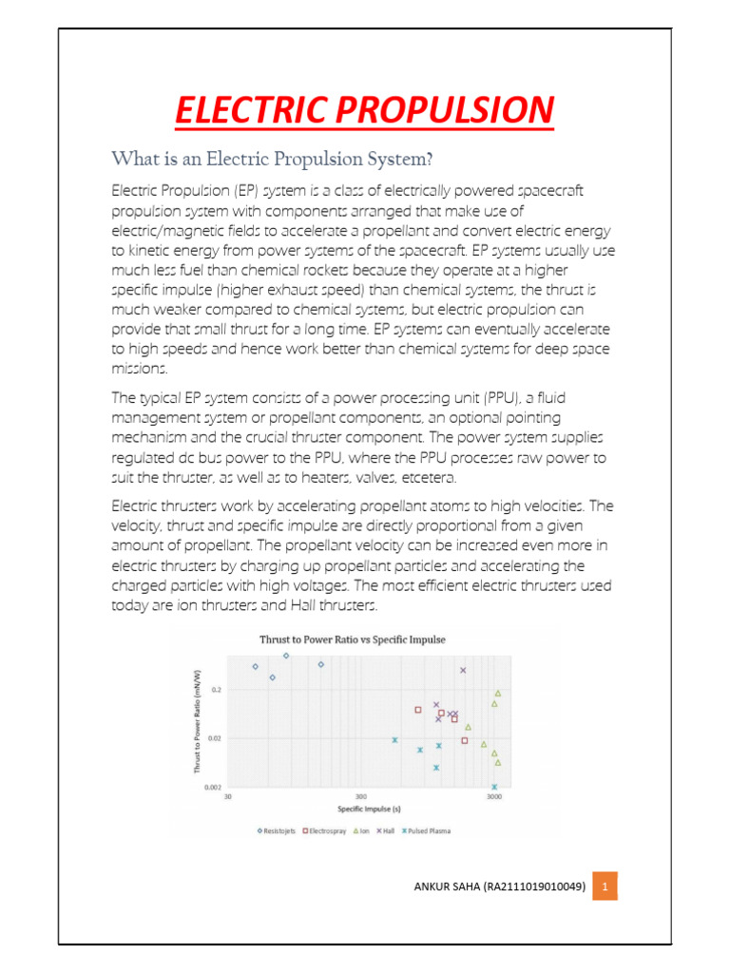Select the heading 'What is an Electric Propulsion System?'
tap(272, 157)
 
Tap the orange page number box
tap(605, 888)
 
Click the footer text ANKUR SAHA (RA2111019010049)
tap(499, 888)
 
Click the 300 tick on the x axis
tap(361, 797)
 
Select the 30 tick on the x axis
tap(228, 797)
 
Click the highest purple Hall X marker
tap(463, 670)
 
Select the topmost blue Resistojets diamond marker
tap(286, 656)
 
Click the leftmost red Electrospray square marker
tap(417, 710)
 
